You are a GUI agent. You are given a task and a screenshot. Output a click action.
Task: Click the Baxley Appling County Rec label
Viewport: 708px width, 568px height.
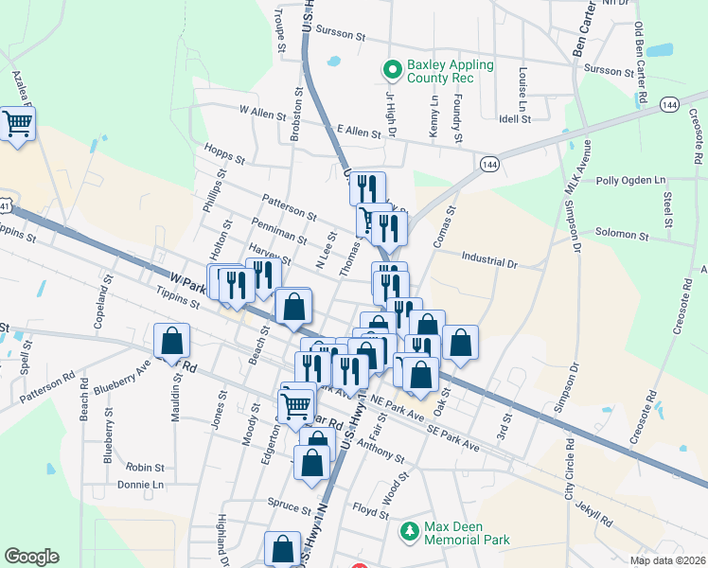(x=450, y=72)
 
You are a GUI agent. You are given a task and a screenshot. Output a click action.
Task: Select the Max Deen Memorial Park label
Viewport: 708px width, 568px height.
(x=467, y=533)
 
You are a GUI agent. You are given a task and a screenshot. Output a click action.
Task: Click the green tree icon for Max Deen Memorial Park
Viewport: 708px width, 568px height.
(x=409, y=533)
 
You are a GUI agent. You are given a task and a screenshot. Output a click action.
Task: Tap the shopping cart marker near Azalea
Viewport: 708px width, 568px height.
(x=18, y=123)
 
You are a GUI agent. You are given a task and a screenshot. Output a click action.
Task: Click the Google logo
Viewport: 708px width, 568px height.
(x=31, y=557)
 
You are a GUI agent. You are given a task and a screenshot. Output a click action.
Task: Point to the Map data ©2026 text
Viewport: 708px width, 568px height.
(x=667, y=560)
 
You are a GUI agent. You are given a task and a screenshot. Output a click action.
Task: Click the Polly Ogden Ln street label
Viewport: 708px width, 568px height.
(x=631, y=180)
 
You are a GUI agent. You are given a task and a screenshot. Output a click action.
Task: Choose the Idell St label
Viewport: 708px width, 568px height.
(x=516, y=119)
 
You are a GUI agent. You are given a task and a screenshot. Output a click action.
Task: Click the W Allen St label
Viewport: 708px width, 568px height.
(x=262, y=113)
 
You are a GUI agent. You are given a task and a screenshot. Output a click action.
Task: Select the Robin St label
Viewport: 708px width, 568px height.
(x=145, y=468)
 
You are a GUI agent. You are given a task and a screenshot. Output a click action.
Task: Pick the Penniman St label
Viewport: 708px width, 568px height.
(x=279, y=228)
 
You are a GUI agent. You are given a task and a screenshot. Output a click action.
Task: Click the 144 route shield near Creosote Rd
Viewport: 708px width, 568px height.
(x=670, y=103)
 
